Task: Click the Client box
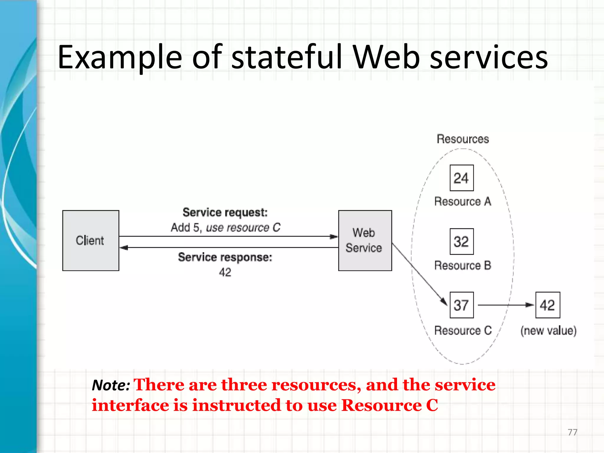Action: [x=91, y=240]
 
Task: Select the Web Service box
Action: [x=365, y=240]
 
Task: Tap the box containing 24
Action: [x=462, y=178]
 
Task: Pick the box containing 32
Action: [x=462, y=242]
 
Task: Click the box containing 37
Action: [x=462, y=305]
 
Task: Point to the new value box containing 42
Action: [x=548, y=305]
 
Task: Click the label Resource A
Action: [x=463, y=201]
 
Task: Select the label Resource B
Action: [x=463, y=265]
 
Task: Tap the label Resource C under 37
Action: [x=463, y=330]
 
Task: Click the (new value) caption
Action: [x=548, y=331]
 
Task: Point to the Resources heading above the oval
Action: [x=463, y=139]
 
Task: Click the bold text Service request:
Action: [x=225, y=212]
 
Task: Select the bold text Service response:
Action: [x=225, y=257]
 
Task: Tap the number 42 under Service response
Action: [x=225, y=272]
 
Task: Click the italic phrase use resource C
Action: [x=243, y=228]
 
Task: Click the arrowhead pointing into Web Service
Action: [x=334, y=237]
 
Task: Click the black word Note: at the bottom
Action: [x=111, y=385]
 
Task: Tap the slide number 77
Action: [x=572, y=432]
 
